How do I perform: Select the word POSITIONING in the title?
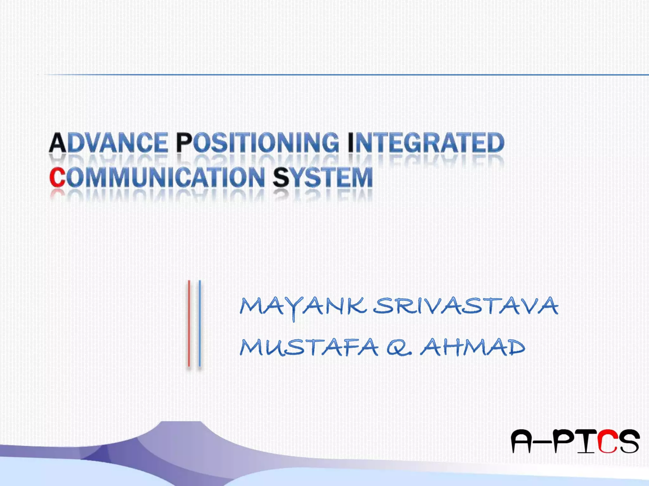257,143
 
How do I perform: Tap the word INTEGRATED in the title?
426,143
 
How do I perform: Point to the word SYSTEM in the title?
323,177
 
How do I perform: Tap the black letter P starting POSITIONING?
184,143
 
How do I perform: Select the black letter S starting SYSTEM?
281,177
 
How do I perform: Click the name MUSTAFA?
309,347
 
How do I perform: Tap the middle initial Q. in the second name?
399,348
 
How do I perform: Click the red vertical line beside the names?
189,323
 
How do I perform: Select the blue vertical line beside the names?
200,323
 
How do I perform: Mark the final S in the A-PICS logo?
629,441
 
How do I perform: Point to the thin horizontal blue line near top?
349,75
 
